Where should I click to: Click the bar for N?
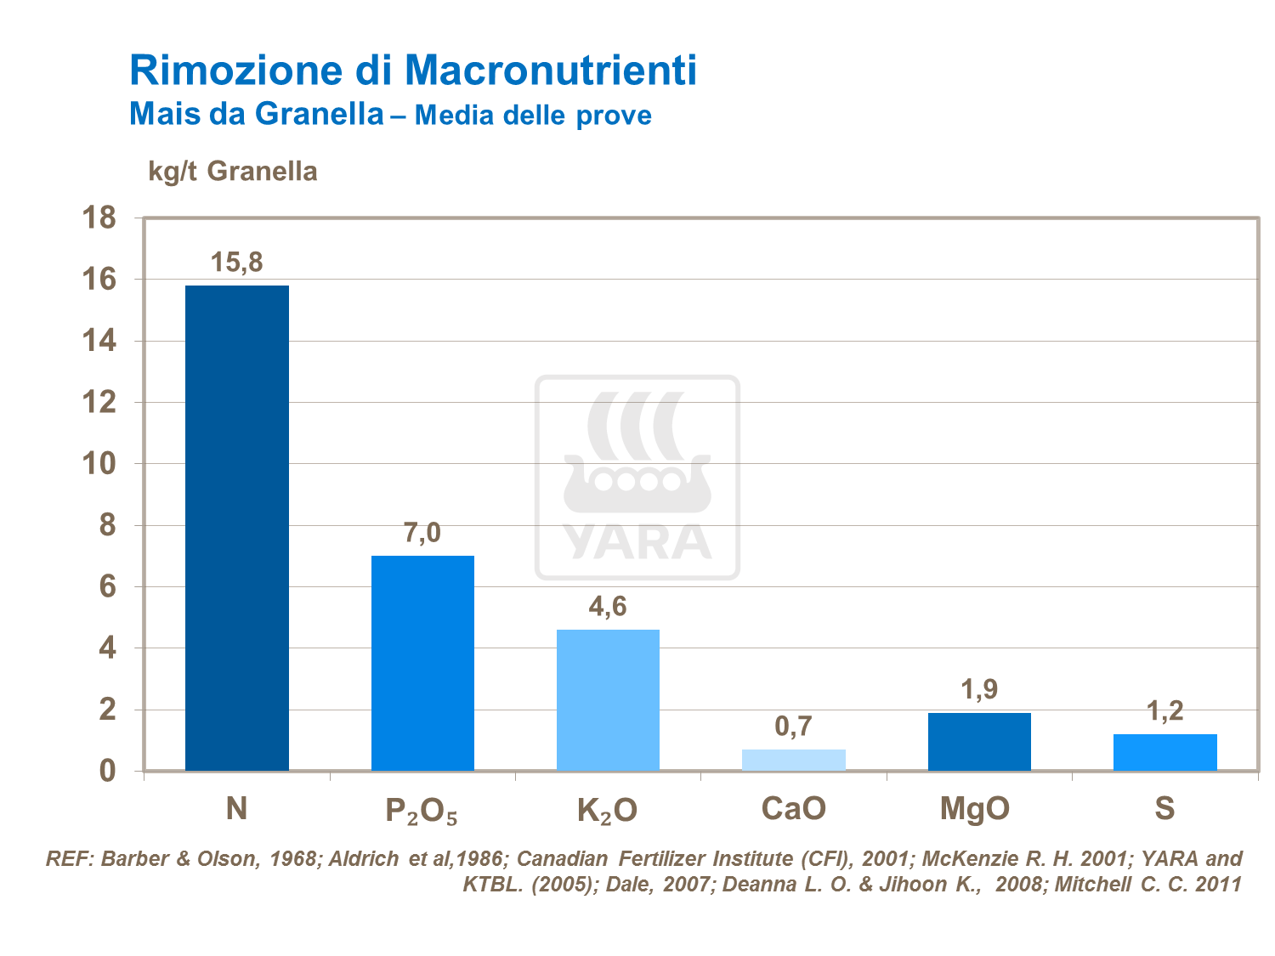pos(237,527)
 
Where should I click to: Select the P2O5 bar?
pos(422,663)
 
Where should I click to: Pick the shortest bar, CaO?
pos(793,760)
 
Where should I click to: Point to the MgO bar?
pos(979,741)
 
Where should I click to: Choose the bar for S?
pos(1164,752)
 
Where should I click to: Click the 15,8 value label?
pos(237,263)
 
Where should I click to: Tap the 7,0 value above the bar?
pos(422,533)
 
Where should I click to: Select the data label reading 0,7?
pos(793,727)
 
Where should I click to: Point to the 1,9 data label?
pos(979,689)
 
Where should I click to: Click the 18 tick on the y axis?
pos(99,218)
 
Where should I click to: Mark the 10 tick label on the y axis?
pos(99,464)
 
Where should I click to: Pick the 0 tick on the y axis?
pos(107,771)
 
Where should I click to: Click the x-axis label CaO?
pos(793,808)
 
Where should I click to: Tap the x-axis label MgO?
pos(975,809)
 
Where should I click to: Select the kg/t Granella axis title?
pos(233,171)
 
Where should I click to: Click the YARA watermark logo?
pos(637,478)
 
